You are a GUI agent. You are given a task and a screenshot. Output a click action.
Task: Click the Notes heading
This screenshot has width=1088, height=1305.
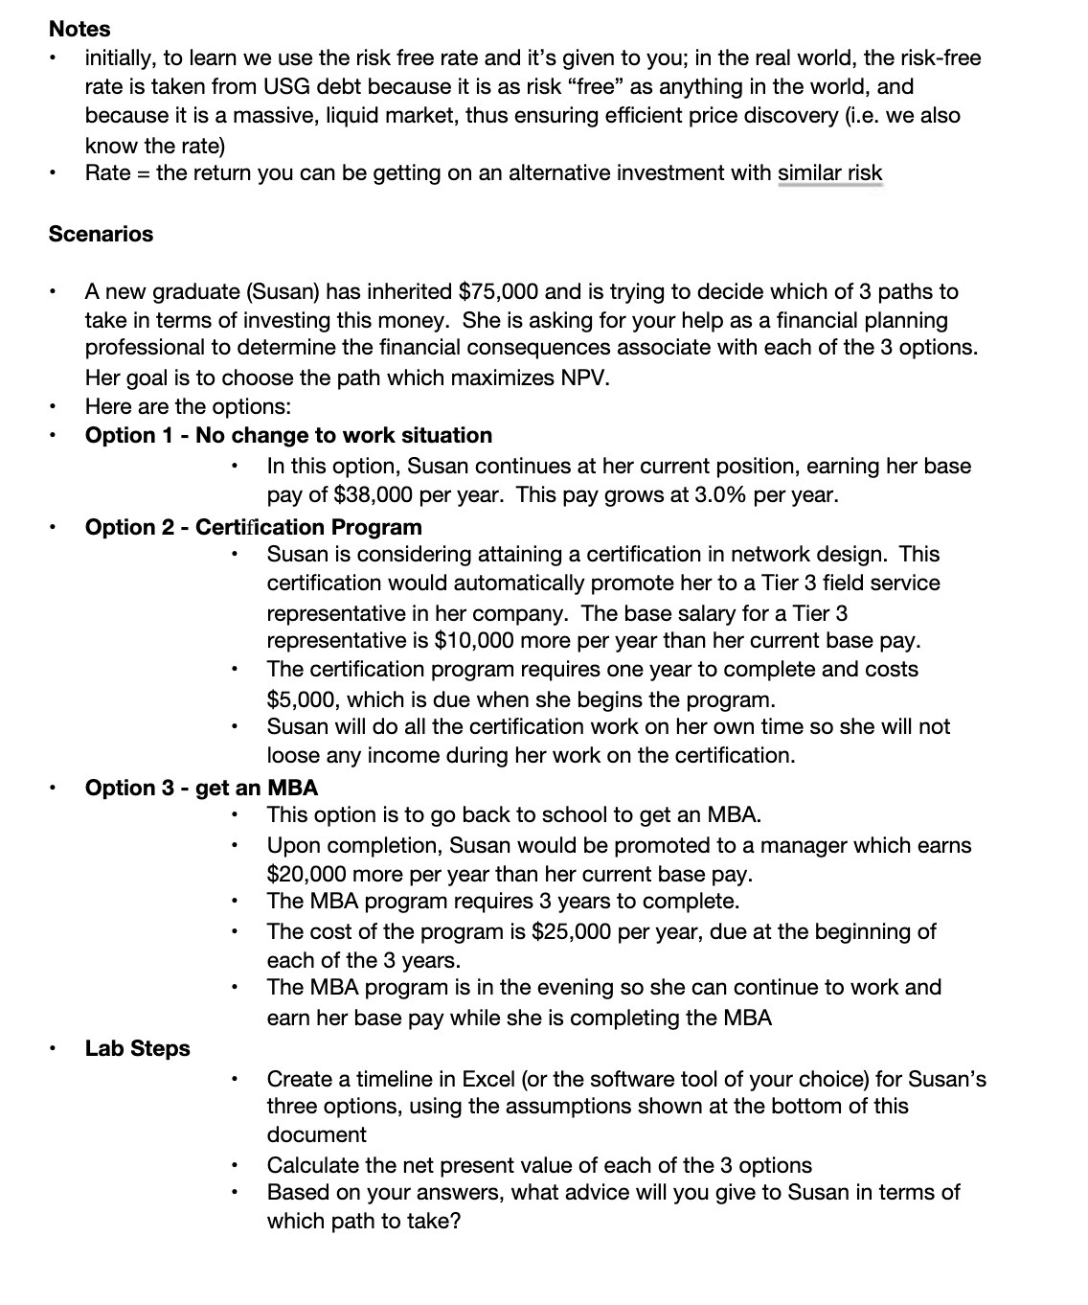pyautogui.click(x=79, y=29)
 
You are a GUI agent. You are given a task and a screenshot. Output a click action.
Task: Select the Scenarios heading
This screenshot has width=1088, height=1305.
pyautogui.click(x=101, y=234)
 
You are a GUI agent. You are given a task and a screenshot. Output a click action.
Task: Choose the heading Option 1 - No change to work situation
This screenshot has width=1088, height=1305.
pyautogui.click(x=288, y=435)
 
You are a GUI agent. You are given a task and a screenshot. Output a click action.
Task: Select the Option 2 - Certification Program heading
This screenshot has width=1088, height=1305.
pyautogui.click(x=253, y=527)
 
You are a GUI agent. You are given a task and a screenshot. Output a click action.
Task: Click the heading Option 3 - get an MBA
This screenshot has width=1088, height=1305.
pyautogui.click(x=201, y=788)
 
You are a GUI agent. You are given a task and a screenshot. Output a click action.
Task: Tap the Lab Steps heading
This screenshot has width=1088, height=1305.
pyautogui.click(x=137, y=1048)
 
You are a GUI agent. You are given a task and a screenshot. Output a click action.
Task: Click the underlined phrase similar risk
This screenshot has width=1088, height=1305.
pyautogui.click(x=829, y=173)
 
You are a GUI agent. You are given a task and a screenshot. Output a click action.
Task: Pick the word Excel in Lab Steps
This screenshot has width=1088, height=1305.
pyautogui.click(x=488, y=1079)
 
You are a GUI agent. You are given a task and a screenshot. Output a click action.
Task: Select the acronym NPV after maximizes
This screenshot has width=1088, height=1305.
pyautogui.click(x=583, y=378)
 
